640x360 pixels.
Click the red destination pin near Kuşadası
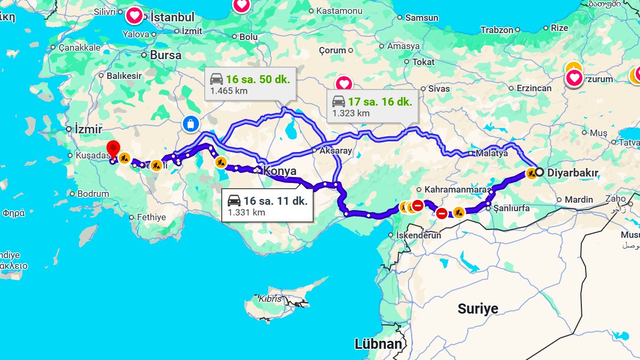(x=113, y=149)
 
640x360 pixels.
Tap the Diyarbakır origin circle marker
(x=540, y=172)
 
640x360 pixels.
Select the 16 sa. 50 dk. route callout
(x=250, y=84)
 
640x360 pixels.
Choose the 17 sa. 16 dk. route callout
(x=372, y=107)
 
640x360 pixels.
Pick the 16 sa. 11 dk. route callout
(x=267, y=206)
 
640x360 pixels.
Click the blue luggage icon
(x=190, y=124)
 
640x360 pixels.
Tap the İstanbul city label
(x=172, y=17)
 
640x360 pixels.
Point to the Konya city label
(x=279, y=171)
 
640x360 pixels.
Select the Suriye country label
(x=478, y=308)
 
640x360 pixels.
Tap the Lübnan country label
(x=378, y=344)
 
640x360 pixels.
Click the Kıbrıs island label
(x=270, y=299)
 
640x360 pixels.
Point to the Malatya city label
(x=492, y=153)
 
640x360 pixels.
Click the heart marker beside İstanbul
(x=134, y=15)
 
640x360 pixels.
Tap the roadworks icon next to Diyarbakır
(x=531, y=173)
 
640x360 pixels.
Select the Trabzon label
(x=497, y=30)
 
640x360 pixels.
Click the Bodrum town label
(x=93, y=194)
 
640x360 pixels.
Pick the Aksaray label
(x=335, y=150)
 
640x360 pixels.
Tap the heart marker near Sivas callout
(x=344, y=84)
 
